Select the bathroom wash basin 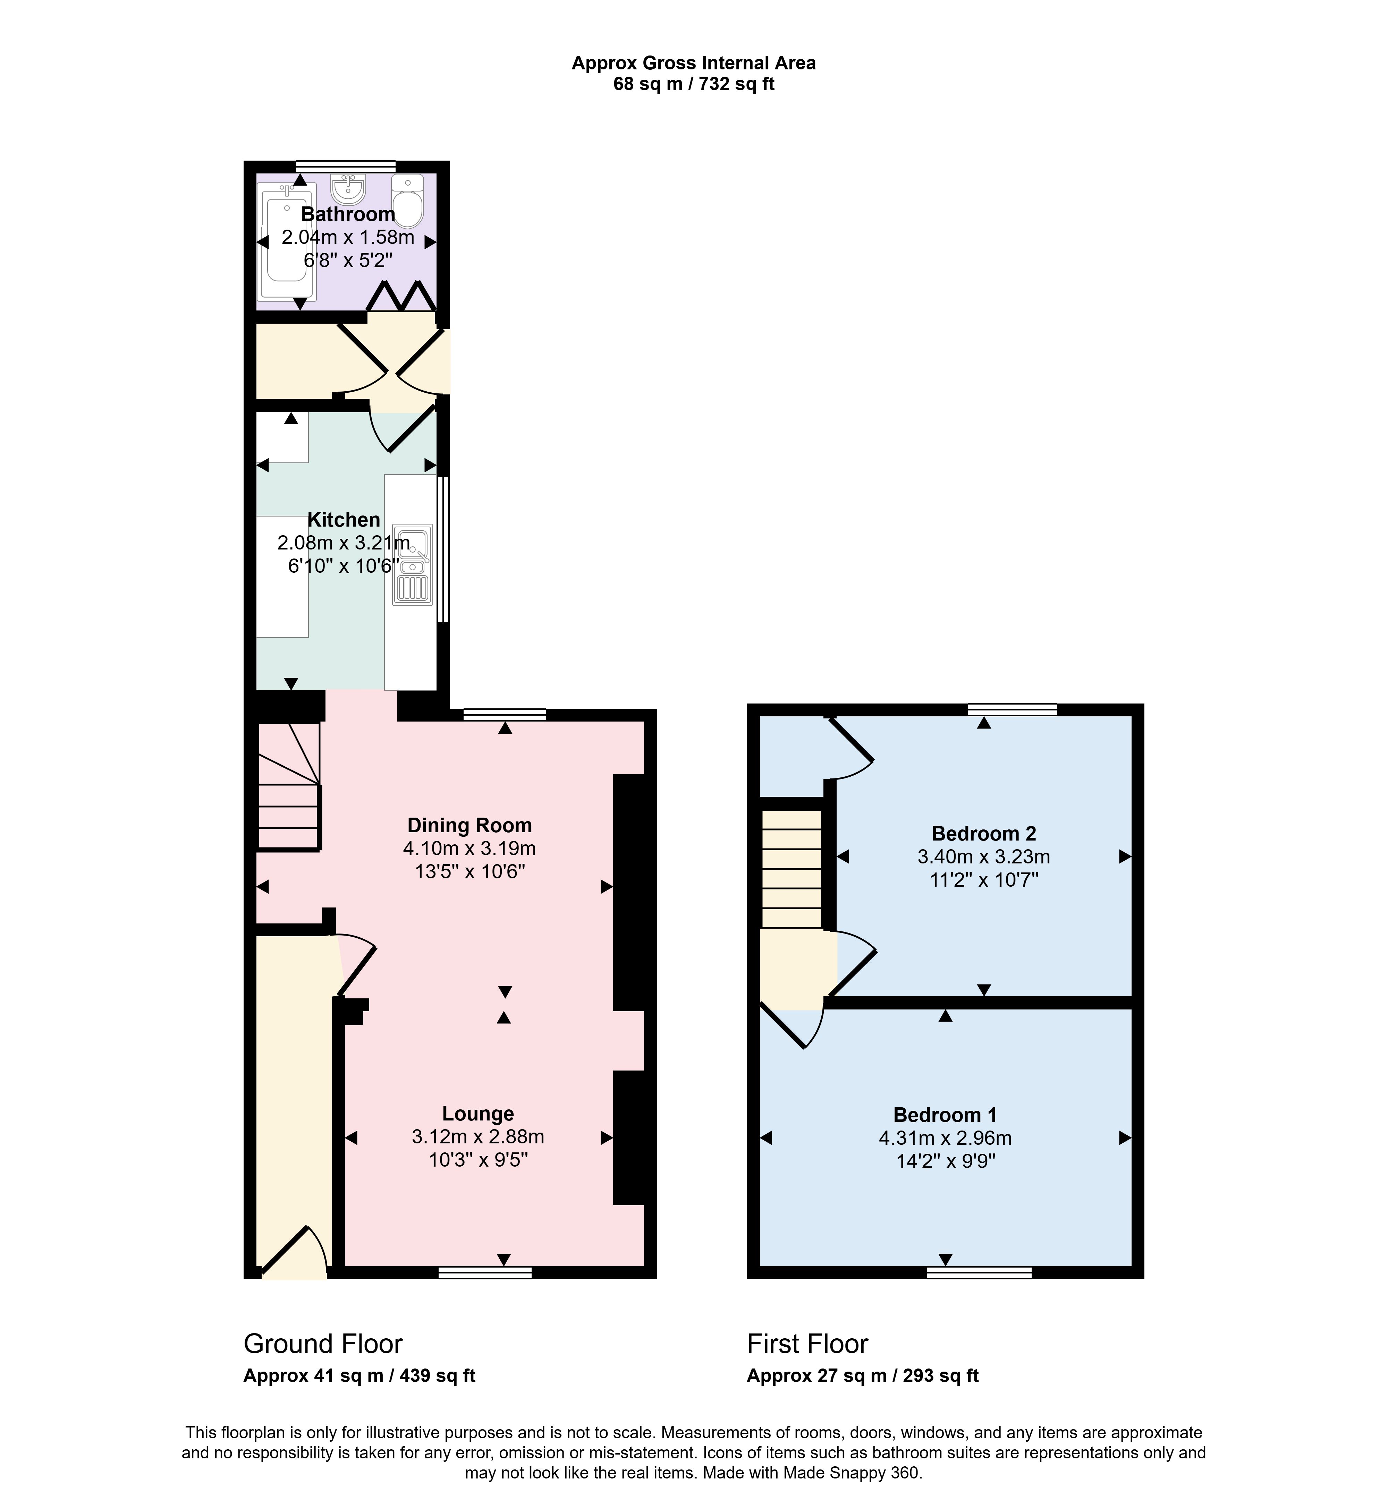pyautogui.click(x=348, y=188)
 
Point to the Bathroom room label pyautogui.click(x=348, y=214)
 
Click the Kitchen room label pyautogui.click(x=344, y=520)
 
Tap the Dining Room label pyautogui.click(x=469, y=825)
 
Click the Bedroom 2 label pyautogui.click(x=984, y=833)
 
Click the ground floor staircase pyautogui.click(x=289, y=786)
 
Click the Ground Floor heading pyautogui.click(x=323, y=1344)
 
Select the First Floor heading pyautogui.click(x=807, y=1344)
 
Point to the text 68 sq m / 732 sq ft pyautogui.click(x=694, y=84)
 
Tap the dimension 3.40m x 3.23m pyautogui.click(x=984, y=856)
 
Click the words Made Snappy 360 pyautogui.click(x=852, y=1473)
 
